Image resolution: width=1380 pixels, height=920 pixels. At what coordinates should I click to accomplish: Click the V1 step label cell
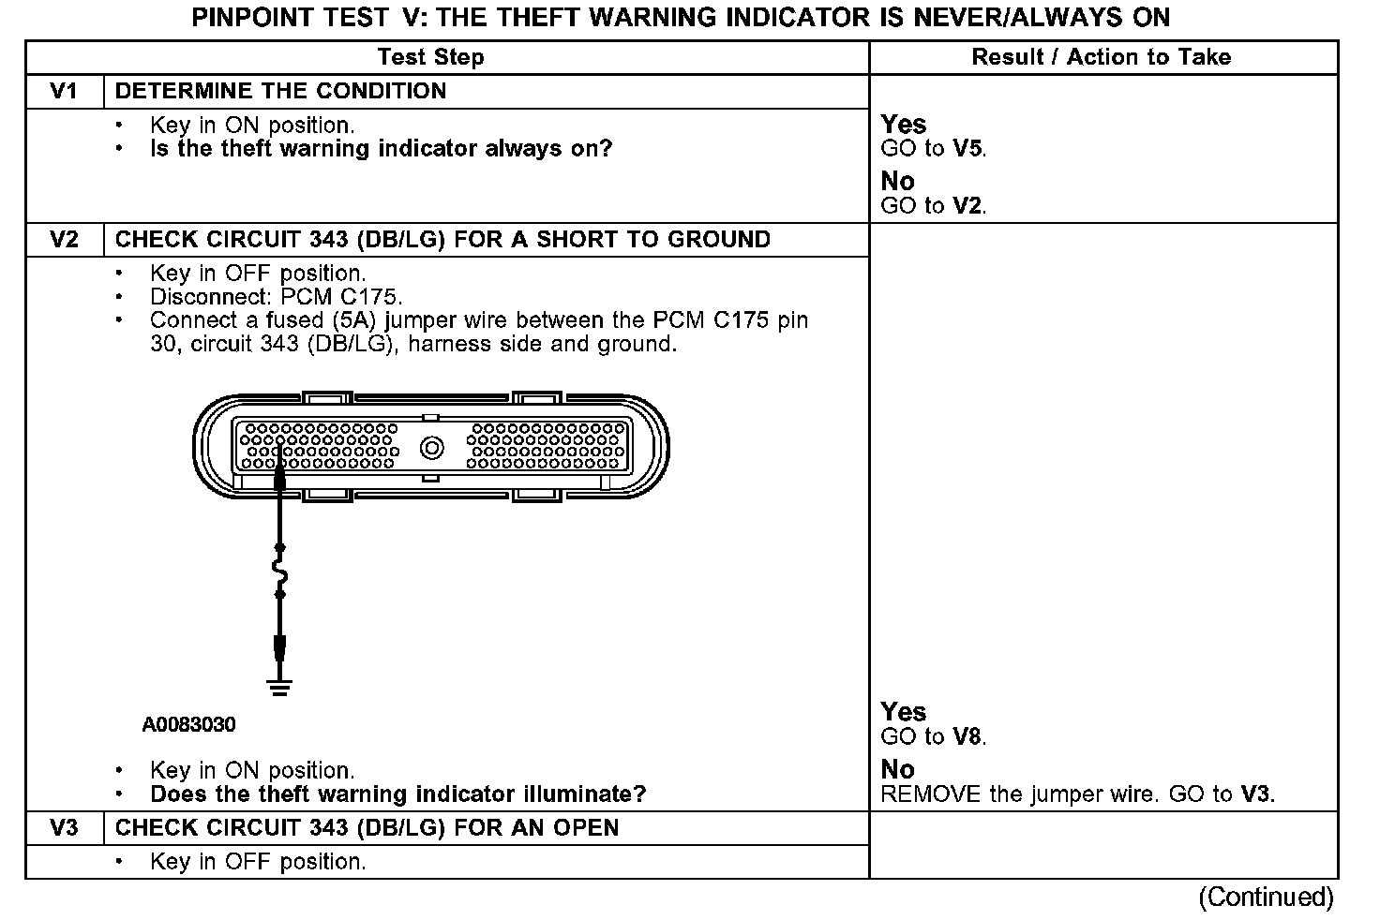(x=64, y=91)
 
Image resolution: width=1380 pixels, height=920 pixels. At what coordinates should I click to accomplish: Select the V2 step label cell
(x=64, y=239)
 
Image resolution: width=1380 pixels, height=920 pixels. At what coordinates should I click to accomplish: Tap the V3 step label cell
(x=64, y=828)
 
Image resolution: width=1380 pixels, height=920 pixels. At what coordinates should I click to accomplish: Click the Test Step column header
(x=430, y=57)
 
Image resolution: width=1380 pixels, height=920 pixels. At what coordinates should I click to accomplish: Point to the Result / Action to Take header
(x=1101, y=57)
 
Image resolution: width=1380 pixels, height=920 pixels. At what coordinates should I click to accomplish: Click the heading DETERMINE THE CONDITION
(x=280, y=91)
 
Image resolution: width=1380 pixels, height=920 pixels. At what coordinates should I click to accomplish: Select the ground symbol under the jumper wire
(x=278, y=688)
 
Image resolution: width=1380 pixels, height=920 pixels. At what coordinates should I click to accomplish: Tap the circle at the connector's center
(x=431, y=448)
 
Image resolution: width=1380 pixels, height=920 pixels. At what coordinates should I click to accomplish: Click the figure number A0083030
(x=189, y=724)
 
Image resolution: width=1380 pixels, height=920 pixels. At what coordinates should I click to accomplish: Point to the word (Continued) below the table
(x=1266, y=897)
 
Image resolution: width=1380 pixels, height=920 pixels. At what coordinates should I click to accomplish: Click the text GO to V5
(x=934, y=148)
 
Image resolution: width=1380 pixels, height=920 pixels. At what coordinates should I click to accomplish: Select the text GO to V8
(x=934, y=736)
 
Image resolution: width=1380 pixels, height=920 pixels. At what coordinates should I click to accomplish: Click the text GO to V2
(x=934, y=206)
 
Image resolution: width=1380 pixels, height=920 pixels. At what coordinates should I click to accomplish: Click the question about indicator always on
(x=381, y=148)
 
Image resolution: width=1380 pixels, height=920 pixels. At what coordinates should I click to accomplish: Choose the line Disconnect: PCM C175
(x=276, y=297)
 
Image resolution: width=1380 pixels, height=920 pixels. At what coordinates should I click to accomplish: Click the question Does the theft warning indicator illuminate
(x=397, y=794)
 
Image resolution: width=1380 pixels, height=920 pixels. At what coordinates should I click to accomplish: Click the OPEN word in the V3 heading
(x=583, y=828)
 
